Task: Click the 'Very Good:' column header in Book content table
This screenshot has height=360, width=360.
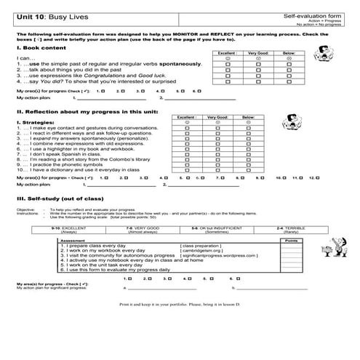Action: (257, 53)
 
